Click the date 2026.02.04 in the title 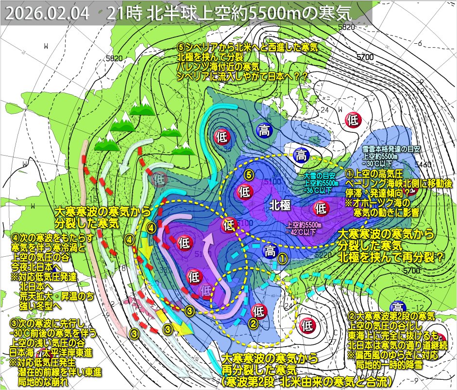(48, 14)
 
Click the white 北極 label (281, 206)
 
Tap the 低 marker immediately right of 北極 (321, 209)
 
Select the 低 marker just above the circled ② (258, 310)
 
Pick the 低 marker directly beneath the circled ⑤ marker (244, 192)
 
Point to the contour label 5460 (421, 165)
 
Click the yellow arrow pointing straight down (144, 252)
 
